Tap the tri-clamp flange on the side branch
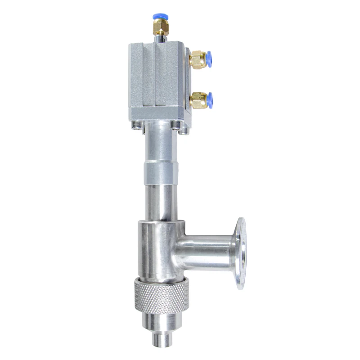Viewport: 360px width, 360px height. tap(242, 254)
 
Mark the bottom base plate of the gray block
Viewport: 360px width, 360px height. tap(157, 115)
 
